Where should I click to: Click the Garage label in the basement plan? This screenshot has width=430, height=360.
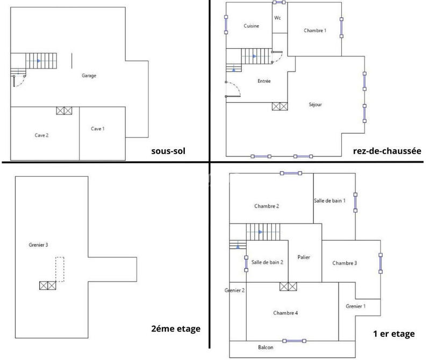click(89, 76)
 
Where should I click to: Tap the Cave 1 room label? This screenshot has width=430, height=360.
click(97, 128)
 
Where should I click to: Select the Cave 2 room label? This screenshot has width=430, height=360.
click(42, 135)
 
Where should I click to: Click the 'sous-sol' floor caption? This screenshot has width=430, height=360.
click(168, 152)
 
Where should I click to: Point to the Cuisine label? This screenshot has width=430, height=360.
click(252, 26)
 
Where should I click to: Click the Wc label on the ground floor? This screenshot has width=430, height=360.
click(278, 18)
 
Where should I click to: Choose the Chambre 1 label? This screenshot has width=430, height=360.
click(315, 31)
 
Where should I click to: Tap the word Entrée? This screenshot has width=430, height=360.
click(264, 81)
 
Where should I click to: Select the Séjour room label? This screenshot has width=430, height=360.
click(316, 104)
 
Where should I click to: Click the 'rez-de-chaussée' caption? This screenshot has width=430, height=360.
click(387, 152)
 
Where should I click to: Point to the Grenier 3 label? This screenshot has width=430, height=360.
click(38, 245)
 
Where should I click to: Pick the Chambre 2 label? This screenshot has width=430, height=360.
click(267, 206)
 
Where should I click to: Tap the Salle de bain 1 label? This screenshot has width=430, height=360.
click(329, 200)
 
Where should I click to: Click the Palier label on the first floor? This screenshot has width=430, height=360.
click(304, 257)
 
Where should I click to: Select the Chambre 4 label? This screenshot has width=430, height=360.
click(285, 313)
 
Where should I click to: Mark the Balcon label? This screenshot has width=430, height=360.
click(266, 347)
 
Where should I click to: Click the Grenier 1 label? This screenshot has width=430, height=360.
click(356, 306)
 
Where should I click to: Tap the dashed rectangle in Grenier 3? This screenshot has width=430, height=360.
click(60, 269)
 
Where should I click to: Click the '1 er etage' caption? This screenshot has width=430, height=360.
click(393, 334)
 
